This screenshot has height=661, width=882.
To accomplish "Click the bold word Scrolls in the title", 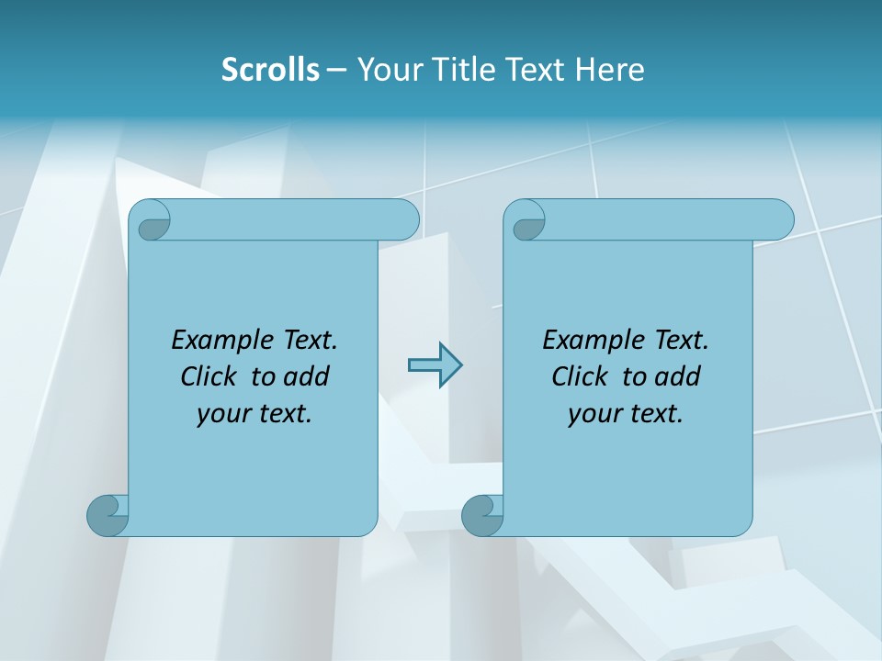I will (x=270, y=70).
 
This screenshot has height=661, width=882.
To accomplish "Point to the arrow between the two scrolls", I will (x=435, y=365).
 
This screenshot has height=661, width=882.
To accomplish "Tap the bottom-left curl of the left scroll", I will (x=107, y=514).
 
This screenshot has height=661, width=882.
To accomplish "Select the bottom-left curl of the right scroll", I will (x=482, y=514).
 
